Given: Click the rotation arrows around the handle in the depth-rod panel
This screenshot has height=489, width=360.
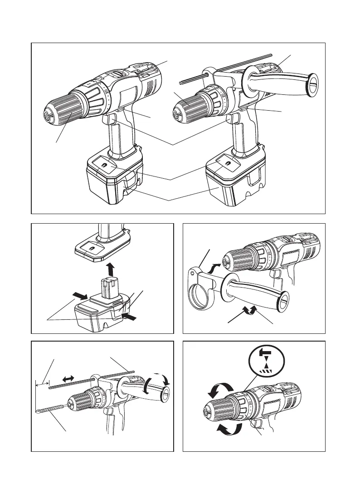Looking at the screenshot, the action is pyautogui.click(x=159, y=382).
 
